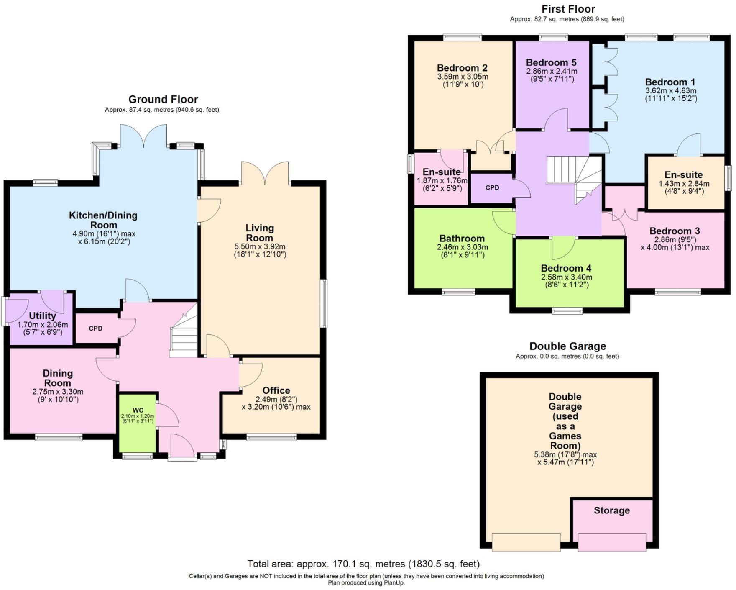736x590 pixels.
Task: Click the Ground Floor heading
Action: coord(163,100)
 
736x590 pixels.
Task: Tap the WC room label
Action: coord(138,410)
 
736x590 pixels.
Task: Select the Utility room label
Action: coord(42,316)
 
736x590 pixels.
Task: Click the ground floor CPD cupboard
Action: coord(96,328)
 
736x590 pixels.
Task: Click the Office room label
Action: coord(276,390)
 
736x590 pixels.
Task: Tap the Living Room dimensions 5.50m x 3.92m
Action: coord(260,247)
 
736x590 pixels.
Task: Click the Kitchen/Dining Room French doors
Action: coord(143,136)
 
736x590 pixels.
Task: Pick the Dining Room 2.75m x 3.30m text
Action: coord(58,392)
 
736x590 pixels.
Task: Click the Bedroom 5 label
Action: coord(551,62)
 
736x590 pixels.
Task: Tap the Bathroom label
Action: coord(462,239)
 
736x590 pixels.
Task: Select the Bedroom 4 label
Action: coord(566,268)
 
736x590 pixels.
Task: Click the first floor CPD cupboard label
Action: coord(492,187)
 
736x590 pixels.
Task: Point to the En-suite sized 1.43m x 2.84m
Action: coord(684,175)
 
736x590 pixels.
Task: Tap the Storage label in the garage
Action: coord(611,510)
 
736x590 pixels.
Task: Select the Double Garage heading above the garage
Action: coord(567,346)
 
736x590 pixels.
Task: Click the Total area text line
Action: coord(363,564)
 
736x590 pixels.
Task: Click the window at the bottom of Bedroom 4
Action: coord(567,310)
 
